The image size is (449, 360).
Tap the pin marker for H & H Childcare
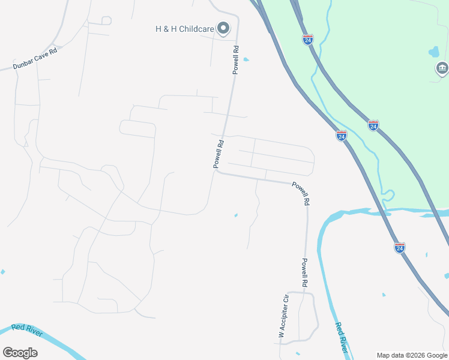pos(224,28)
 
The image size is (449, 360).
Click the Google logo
pos(20,353)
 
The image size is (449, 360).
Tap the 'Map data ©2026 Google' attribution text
pos(412,355)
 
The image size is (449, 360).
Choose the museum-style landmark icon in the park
pos(442,69)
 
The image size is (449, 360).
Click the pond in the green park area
pos(434,52)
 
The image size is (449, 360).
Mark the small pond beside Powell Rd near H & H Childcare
pos(246,59)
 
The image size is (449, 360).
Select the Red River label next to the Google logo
pos(26,330)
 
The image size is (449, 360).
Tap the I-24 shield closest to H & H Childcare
pos(308,40)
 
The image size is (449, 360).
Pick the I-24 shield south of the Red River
pos(400,247)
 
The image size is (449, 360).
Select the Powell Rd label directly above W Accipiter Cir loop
pos(305,272)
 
